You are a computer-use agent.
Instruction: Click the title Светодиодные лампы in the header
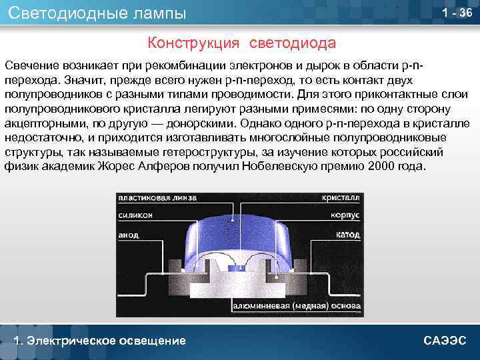coord(97,13)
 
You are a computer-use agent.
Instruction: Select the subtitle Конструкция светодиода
coord(242,43)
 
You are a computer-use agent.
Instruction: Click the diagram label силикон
coord(136,215)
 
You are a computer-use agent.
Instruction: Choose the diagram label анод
coord(129,235)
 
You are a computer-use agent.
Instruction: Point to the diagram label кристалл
coord(341,198)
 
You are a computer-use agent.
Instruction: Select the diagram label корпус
coord(344,215)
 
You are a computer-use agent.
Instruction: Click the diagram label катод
coord(347,235)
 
